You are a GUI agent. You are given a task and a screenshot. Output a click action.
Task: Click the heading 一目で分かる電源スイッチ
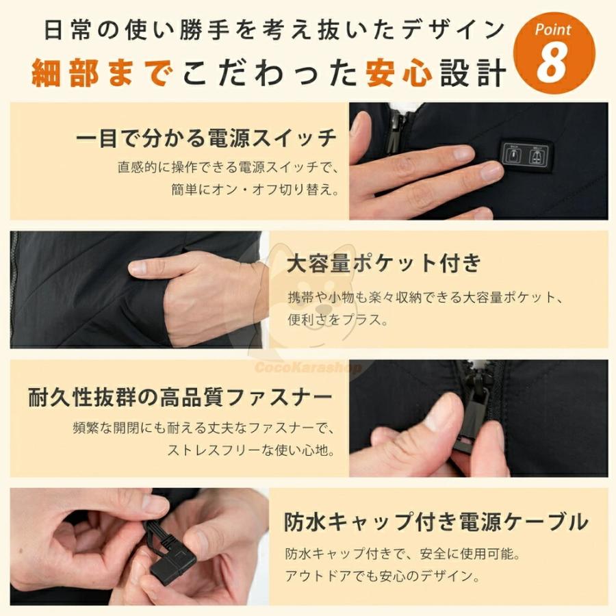[x=206, y=138]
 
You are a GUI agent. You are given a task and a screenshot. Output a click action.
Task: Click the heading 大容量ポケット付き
[x=384, y=262]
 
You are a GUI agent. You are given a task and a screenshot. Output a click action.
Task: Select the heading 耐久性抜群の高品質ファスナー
[x=181, y=397]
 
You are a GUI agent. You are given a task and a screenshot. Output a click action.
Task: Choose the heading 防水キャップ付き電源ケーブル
[x=436, y=522]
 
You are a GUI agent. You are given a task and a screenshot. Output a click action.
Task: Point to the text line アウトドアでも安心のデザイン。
[x=382, y=576]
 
